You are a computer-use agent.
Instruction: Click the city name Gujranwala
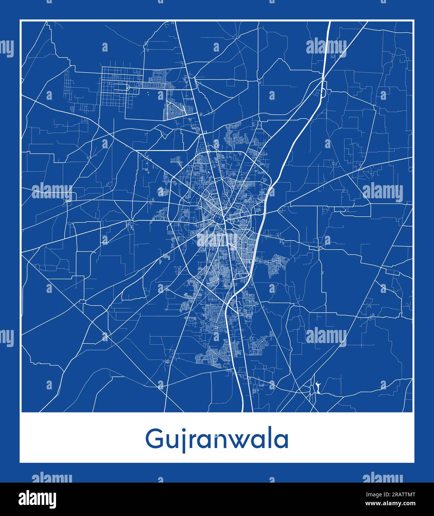point(217,440)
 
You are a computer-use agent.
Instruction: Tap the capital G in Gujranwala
point(154,439)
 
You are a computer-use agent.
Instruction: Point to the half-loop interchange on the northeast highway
point(323,91)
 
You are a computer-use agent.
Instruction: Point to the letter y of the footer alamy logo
point(52,500)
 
